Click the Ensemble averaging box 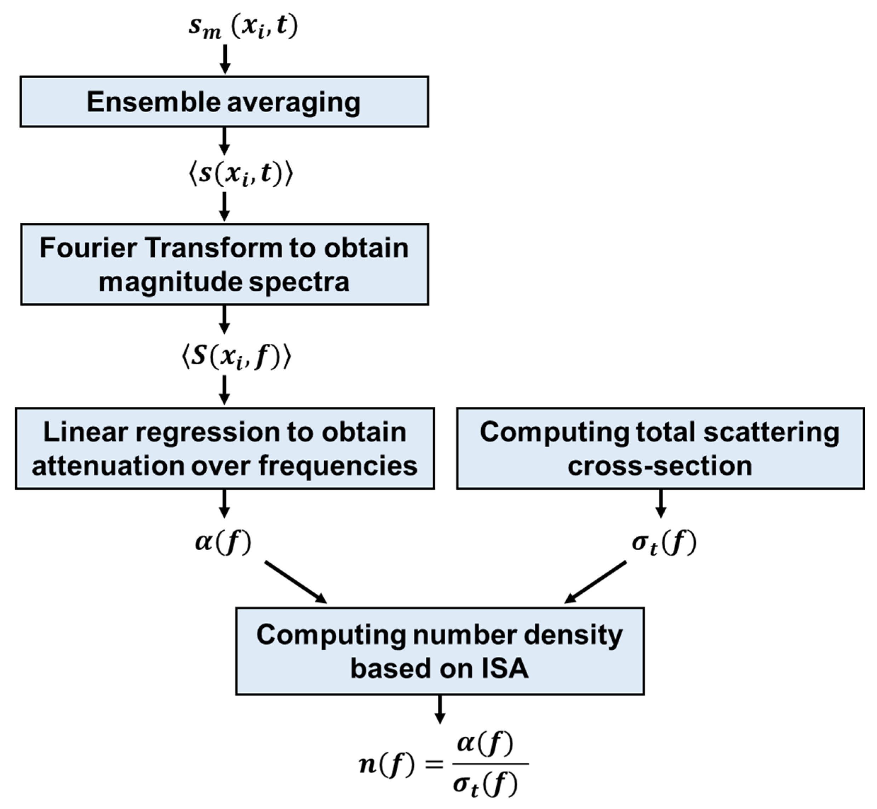pyautogui.click(x=224, y=102)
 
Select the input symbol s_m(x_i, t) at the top pyautogui.click(x=243, y=27)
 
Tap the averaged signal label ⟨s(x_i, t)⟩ pyautogui.click(x=241, y=174)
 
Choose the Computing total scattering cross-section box pyautogui.click(x=660, y=448)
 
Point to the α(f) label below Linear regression pyautogui.click(x=223, y=543)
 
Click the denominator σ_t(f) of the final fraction pyautogui.click(x=485, y=785)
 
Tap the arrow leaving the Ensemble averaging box pyautogui.click(x=224, y=141)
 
